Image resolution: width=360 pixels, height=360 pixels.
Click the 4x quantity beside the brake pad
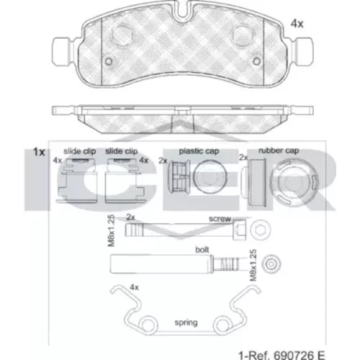(x=297, y=24)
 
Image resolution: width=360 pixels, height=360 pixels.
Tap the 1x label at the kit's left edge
(x=39, y=152)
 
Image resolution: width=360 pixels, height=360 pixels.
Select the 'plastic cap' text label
(x=199, y=151)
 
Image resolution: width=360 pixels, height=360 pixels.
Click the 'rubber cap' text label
(x=279, y=150)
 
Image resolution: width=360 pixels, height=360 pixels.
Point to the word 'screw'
(x=220, y=219)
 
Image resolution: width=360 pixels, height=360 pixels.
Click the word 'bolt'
(x=202, y=250)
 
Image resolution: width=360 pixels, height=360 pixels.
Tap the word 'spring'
(x=186, y=323)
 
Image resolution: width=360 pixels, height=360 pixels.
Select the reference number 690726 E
(x=300, y=355)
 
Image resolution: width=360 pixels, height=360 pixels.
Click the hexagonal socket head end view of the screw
(x=261, y=230)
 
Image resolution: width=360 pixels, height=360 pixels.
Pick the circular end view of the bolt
(x=271, y=264)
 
